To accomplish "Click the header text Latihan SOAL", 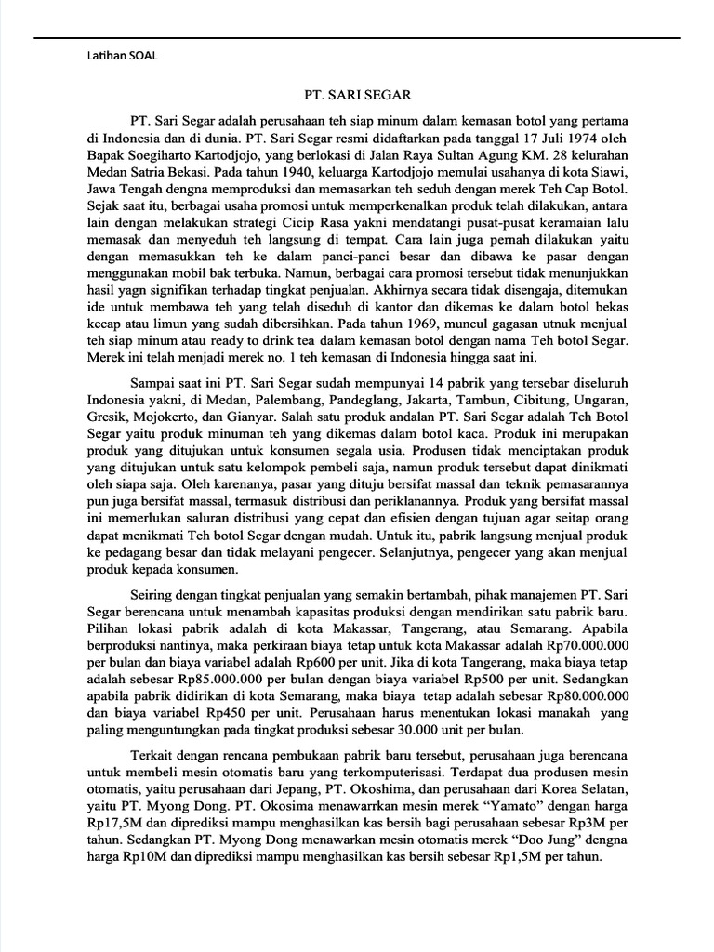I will (115, 55).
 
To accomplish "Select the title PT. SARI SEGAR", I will (357, 94).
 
